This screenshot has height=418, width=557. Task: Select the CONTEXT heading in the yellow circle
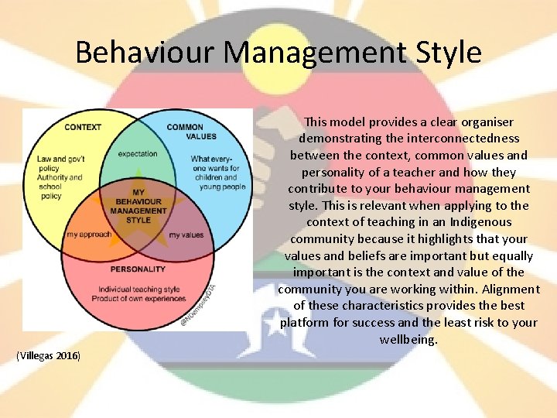[x=83, y=127]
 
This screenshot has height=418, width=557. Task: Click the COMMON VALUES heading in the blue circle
[x=185, y=132]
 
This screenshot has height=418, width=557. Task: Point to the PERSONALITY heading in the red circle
[x=137, y=269]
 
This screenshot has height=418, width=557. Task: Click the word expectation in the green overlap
[x=138, y=154]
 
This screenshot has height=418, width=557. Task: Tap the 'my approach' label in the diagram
[x=88, y=235]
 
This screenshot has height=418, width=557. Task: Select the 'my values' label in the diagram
[x=186, y=235]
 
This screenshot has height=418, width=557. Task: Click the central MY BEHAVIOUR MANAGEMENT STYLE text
[x=138, y=205]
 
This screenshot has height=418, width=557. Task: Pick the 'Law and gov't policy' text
[x=60, y=163]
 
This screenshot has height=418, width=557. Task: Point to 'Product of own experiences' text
[x=137, y=299]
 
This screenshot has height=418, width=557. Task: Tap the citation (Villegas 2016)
[x=53, y=355]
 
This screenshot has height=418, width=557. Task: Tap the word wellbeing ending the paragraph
[x=408, y=339]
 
